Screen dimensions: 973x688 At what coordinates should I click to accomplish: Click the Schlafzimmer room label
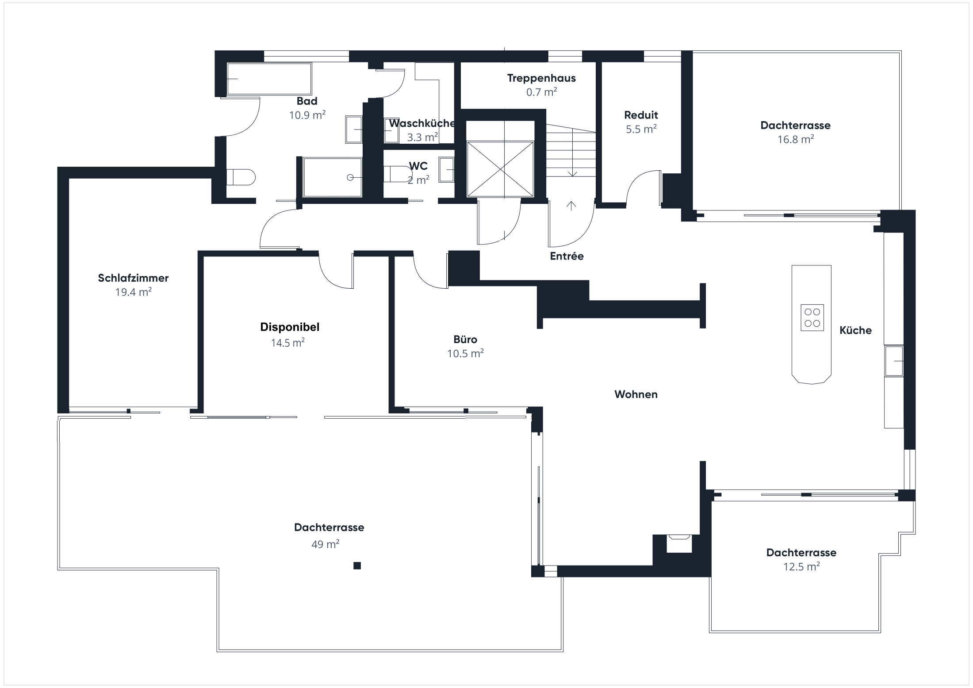133,278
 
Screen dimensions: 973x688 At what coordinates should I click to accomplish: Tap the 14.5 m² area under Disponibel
288,343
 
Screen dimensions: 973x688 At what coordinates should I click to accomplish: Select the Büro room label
465,339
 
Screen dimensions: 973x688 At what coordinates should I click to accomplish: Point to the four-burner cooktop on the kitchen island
812,317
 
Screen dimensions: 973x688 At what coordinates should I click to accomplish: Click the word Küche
855,330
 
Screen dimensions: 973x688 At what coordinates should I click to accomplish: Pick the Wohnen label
636,394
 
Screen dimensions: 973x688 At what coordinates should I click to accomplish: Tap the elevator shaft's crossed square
500,169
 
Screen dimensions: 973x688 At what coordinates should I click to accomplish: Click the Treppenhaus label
541,78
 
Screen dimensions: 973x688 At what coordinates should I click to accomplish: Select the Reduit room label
641,115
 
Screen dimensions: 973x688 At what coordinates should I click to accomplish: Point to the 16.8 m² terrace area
796,139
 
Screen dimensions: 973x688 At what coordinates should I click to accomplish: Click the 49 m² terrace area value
326,544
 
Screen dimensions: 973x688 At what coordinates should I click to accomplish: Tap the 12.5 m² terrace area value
801,566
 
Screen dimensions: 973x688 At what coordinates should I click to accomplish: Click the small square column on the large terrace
357,566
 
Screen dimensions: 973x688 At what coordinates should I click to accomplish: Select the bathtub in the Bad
269,79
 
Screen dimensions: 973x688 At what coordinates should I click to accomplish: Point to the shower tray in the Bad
333,177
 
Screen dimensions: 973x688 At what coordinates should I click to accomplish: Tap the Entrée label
567,256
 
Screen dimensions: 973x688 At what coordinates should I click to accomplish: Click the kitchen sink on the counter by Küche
894,361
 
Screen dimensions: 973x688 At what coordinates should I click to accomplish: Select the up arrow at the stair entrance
571,206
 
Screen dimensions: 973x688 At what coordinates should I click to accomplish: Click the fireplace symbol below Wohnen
679,543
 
